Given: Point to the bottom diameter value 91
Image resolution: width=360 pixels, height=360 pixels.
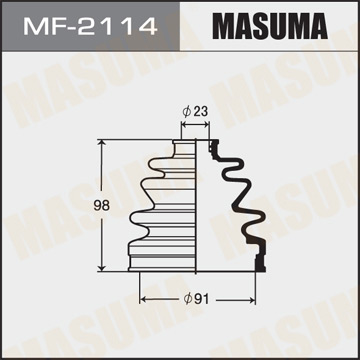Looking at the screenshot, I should point(203,297).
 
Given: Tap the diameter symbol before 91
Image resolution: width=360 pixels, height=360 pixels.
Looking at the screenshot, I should point(190,297).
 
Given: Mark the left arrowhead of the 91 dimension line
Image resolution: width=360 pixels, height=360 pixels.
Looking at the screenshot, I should point(142,297).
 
